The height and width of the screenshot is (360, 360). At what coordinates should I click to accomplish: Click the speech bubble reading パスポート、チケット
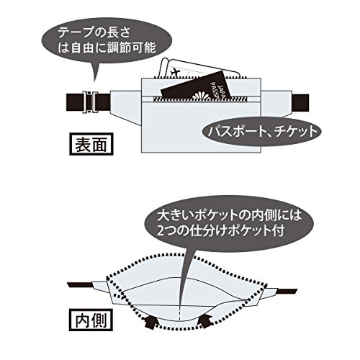[260, 134]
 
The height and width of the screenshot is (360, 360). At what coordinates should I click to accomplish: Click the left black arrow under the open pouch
[151, 319]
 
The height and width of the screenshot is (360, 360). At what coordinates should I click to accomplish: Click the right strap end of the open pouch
[287, 290]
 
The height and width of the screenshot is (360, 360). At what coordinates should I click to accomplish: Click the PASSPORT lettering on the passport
[215, 91]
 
